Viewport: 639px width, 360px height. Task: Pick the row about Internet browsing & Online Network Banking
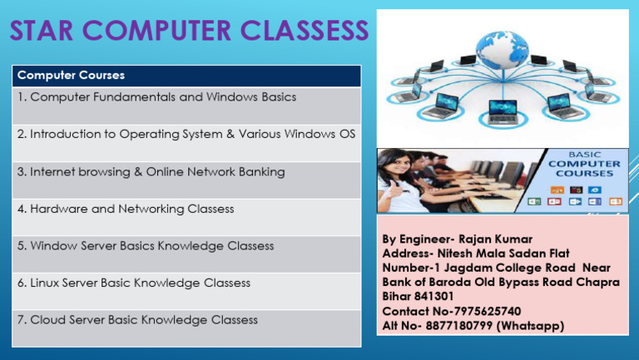[x=151, y=172]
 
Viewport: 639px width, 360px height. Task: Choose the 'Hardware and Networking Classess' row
[x=125, y=209]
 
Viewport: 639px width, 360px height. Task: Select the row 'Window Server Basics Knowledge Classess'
[x=145, y=246]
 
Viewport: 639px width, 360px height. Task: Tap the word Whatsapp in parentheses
[x=531, y=326]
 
